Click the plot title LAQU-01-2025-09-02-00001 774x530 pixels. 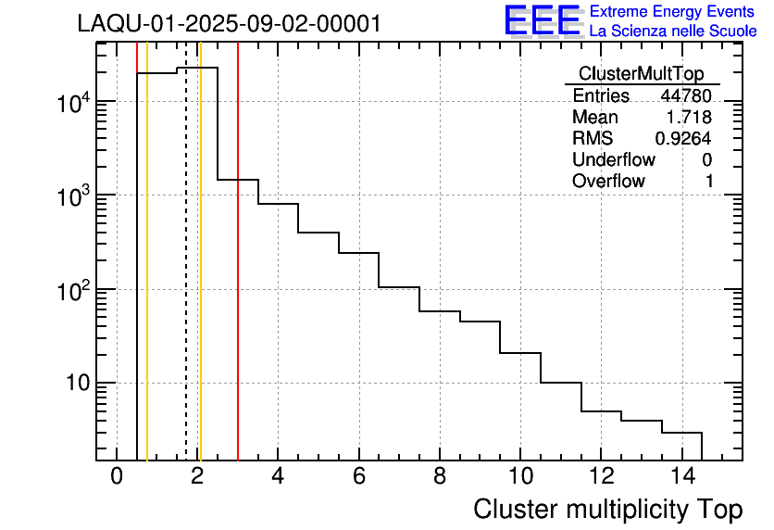coord(229,24)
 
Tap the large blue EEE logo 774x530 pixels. coord(543,20)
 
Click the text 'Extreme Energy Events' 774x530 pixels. coord(672,12)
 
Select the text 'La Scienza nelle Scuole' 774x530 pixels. coord(672,32)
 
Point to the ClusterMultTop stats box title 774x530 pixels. coord(641,74)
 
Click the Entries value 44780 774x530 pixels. coord(686,95)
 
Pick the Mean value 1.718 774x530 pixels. coord(691,117)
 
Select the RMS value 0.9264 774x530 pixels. coord(683,138)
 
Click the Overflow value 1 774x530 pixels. coord(709,181)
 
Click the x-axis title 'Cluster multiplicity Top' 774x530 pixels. coord(607,509)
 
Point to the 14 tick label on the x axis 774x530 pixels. coord(680,476)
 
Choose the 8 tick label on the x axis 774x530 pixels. coord(439,476)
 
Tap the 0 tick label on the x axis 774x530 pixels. coord(117,476)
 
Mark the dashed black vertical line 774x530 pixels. coord(186,278)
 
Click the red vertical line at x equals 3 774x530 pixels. coord(238,278)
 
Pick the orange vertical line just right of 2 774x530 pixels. coord(200,278)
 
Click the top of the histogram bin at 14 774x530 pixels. coord(681,433)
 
